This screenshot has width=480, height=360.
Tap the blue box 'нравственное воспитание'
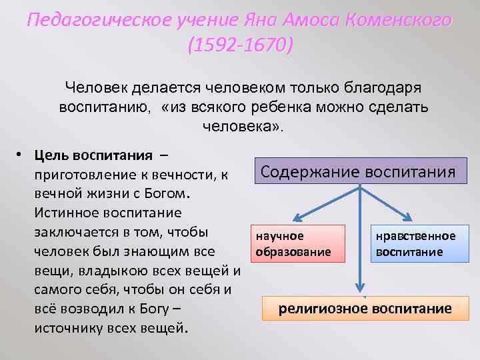click(416, 243)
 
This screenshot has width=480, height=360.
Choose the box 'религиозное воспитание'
click(365, 309)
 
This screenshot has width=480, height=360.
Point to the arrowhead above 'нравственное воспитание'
click(407, 218)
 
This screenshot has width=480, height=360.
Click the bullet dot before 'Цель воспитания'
click(21, 156)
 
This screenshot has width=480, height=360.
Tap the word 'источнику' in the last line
click(67, 328)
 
